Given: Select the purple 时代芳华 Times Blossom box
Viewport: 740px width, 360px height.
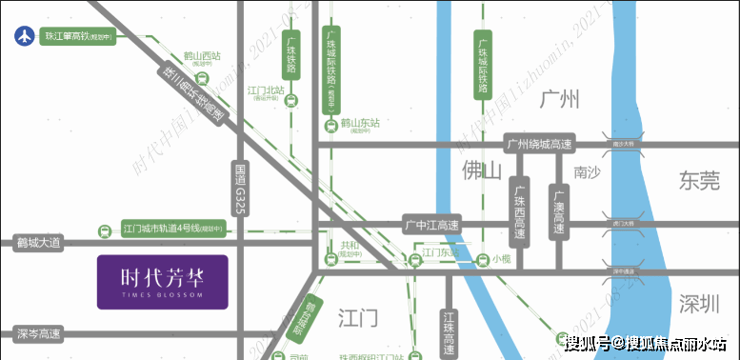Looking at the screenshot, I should click(x=163, y=281).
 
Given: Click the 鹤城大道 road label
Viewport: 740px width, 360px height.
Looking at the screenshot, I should click(x=38, y=243).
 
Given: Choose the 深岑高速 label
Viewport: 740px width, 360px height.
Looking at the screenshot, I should click(x=38, y=334).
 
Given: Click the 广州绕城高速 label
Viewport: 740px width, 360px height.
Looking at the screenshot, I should click(x=540, y=144).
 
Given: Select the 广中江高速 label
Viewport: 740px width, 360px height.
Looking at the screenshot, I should click(x=430, y=226).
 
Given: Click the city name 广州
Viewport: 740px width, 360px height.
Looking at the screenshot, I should click(x=559, y=99).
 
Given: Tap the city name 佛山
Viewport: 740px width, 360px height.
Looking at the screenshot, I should click(x=481, y=170).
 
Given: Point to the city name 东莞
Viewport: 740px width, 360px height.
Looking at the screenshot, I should click(x=700, y=180).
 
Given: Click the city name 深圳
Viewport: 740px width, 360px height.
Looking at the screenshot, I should click(x=700, y=304).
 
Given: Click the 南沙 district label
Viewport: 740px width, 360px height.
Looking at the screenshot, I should click(x=588, y=173).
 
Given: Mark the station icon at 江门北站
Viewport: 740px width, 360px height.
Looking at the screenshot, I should click(x=290, y=104).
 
